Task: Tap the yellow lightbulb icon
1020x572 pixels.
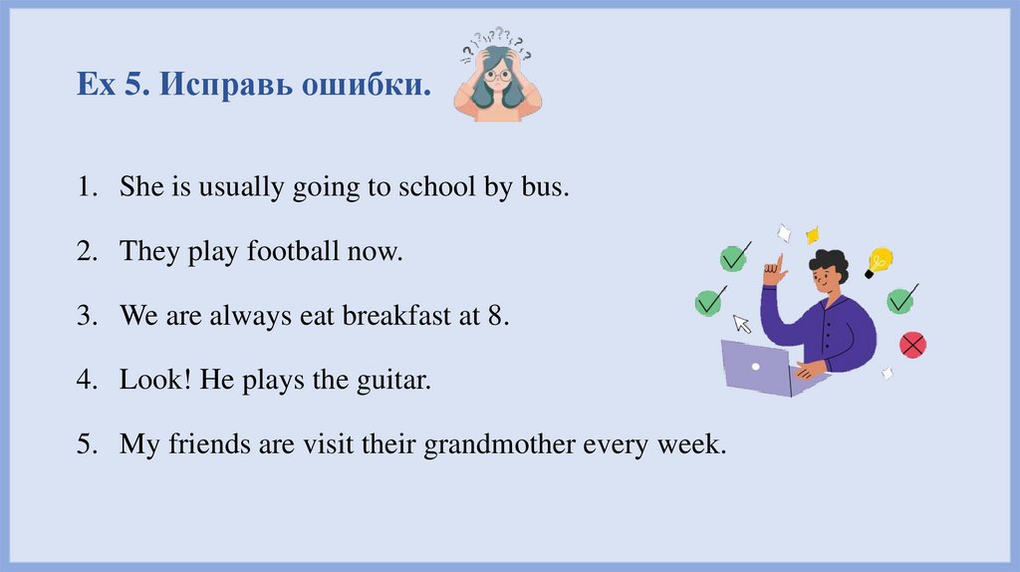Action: tap(878, 262)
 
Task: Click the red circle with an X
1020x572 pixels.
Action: tap(911, 345)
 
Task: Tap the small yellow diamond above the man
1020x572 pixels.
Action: tap(812, 234)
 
